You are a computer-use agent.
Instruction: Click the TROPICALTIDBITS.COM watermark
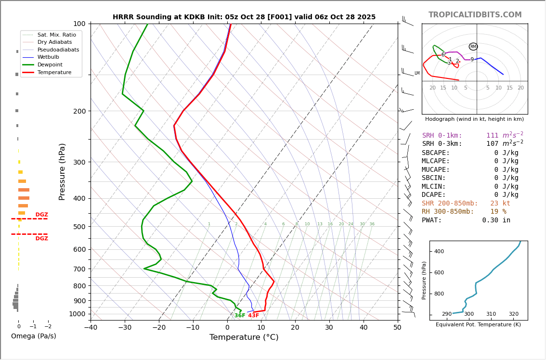tap(475, 15)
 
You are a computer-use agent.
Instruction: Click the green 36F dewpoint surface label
tap(240, 316)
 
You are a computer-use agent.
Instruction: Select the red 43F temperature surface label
tap(254, 316)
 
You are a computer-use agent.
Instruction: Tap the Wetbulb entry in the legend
tap(48, 57)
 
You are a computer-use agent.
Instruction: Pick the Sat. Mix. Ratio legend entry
tap(57, 35)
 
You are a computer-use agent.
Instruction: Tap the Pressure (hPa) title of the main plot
tap(62, 171)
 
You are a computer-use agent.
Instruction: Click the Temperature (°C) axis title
tap(244, 337)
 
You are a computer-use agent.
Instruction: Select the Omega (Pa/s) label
tap(33, 336)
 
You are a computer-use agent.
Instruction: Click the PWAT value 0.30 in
tap(496, 220)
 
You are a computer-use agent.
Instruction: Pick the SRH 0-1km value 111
tap(492, 136)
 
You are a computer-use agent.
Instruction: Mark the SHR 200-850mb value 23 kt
tap(500, 204)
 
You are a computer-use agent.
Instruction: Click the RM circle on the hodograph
tap(473, 47)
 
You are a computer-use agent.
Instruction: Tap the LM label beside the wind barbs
tap(417, 74)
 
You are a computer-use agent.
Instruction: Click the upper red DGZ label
tap(42, 215)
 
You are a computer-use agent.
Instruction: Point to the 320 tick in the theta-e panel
tap(514, 314)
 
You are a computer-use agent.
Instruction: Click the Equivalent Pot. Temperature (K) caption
tap(478, 325)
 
